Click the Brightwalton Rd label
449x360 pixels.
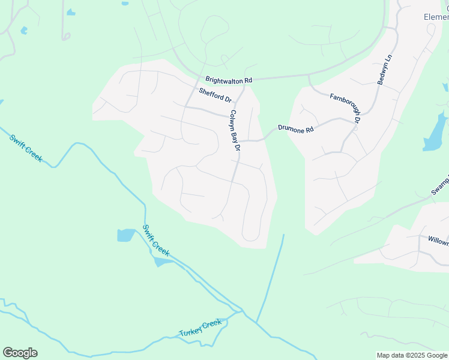pyautogui.click(x=229, y=79)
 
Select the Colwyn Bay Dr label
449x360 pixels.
pyautogui.click(x=235, y=130)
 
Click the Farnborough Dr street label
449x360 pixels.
pyautogui.click(x=345, y=108)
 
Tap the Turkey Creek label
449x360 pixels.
pyautogui.click(x=200, y=328)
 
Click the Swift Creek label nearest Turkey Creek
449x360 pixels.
pyautogui.click(x=156, y=241)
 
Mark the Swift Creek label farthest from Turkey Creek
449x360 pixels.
pyautogui.click(x=26, y=148)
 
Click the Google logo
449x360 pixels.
pyautogui.click(x=20, y=353)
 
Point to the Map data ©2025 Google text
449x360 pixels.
pyautogui.click(x=411, y=355)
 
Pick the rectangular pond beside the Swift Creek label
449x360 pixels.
pyautogui.click(x=126, y=235)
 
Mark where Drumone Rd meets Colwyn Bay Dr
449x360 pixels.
pyautogui.click(x=240, y=141)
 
